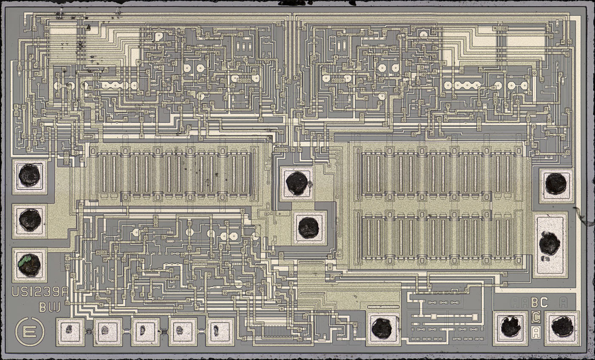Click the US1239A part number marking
coord(40,292)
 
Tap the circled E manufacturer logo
coord(29,331)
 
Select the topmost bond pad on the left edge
coord(30,176)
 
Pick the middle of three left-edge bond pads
coord(30,220)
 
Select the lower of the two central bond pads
coord(308,227)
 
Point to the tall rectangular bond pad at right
coord(550,244)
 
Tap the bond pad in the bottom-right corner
coord(563,326)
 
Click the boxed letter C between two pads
coord(536,317)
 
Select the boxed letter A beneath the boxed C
coord(536,331)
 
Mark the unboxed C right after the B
coord(544,302)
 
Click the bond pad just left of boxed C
coord(510,326)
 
